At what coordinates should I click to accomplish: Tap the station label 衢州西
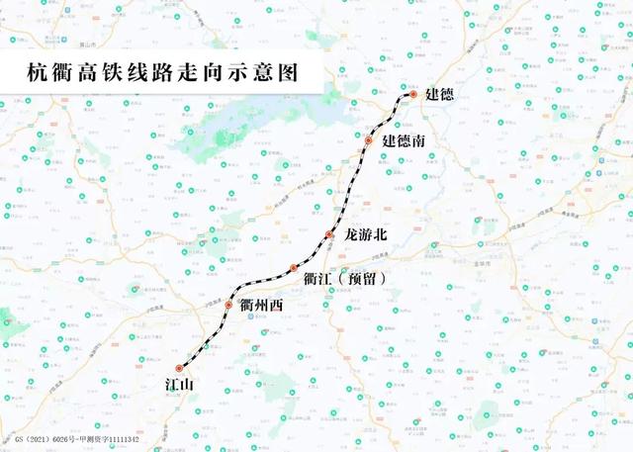(x=261, y=307)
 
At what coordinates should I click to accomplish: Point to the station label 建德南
(x=405, y=142)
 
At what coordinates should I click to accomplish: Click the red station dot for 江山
(x=179, y=369)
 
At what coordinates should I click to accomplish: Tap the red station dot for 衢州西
(x=228, y=306)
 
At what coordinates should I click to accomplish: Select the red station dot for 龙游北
(x=329, y=234)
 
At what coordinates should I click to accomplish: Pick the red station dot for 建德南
(x=368, y=141)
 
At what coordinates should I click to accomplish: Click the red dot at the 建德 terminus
(x=413, y=94)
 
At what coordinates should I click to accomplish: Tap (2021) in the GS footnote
(x=42, y=436)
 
